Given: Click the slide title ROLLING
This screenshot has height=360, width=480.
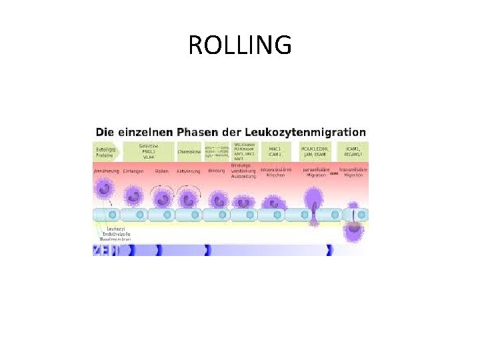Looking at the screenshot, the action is [240, 45].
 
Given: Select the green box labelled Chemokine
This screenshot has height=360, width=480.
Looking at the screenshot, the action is [189, 151].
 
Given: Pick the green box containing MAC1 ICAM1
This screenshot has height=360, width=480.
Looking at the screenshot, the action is [274, 151].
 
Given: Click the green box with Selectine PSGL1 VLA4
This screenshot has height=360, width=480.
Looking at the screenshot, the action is [147, 151].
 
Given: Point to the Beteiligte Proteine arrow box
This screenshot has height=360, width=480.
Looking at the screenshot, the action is [106, 151].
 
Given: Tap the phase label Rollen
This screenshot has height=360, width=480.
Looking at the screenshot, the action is [162, 171].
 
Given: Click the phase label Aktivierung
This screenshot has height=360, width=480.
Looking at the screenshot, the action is [188, 171].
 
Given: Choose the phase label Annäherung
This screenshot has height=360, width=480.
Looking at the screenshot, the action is [107, 171].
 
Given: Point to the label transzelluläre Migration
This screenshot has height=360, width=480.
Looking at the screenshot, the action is [353, 173].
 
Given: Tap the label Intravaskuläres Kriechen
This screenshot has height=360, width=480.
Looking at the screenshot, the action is [276, 173].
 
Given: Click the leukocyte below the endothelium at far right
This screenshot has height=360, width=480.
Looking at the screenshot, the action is [353, 230].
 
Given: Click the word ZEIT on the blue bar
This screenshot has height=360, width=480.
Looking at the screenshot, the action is [103, 250].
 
